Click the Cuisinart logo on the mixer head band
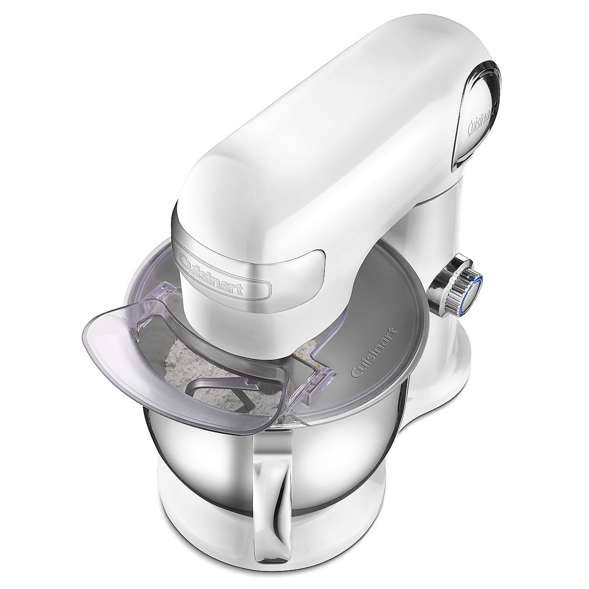(x=224, y=275)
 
